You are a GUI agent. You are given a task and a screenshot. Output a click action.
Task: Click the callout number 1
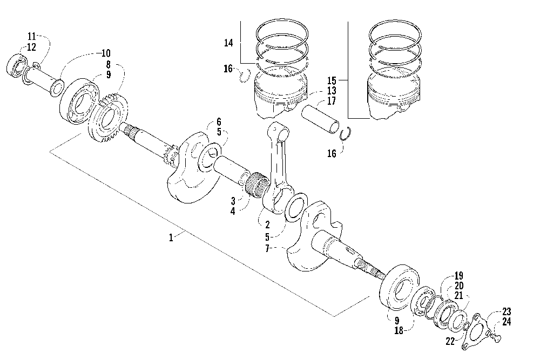pyautogui.click(x=171, y=238)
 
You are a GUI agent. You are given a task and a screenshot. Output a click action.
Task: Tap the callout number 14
pyautogui.click(x=228, y=43)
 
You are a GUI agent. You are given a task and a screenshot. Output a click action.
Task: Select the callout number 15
pyautogui.click(x=332, y=80)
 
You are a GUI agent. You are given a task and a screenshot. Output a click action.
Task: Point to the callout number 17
pyautogui.click(x=332, y=101)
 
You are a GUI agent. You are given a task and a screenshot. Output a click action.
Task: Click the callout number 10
pyautogui.click(x=106, y=53)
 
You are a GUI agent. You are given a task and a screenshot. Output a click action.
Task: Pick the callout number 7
pyautogui.click(x=267, y=248)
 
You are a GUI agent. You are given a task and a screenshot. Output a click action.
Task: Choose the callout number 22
pyautogui.click(x=450, y=341)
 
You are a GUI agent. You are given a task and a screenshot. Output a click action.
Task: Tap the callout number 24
pyautogui.click(x=507, y=322)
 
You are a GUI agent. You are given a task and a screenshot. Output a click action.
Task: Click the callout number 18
pyautogui.click(x=399, y=331)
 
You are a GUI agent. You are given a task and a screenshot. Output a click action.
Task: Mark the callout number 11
pyautogui.click(x=32, y=37)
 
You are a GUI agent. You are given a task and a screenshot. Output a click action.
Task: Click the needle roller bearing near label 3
pyautogui.click(x=258, y=185)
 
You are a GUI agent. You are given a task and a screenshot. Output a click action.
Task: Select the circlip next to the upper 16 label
pyautogui.click(x=245, y=76)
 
